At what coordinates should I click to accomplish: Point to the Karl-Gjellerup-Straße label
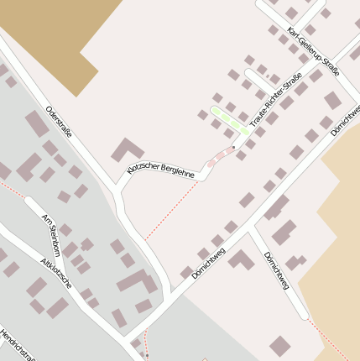(x=312, y=51)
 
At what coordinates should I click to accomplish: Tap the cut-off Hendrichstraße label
(x=15, y=345)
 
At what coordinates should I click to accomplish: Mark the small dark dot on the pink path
(x=233, y=148)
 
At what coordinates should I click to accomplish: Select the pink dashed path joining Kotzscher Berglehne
(x=220, y=155)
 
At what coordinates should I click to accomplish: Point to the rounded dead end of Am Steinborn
(x=30, y=201)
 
